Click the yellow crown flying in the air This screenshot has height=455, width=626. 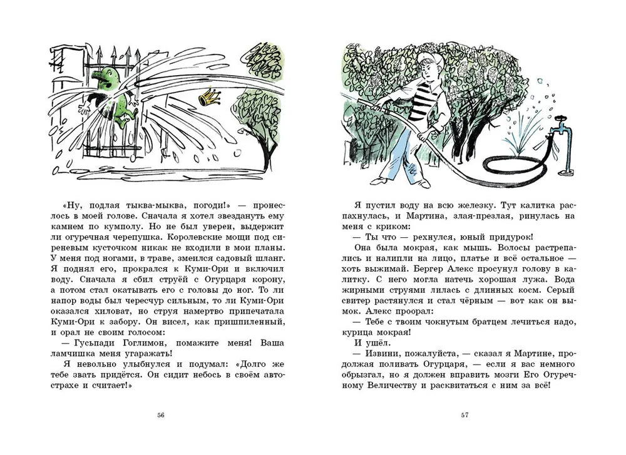click(x=207, y=98)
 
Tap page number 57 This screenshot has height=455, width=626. click(x=464, y=415)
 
